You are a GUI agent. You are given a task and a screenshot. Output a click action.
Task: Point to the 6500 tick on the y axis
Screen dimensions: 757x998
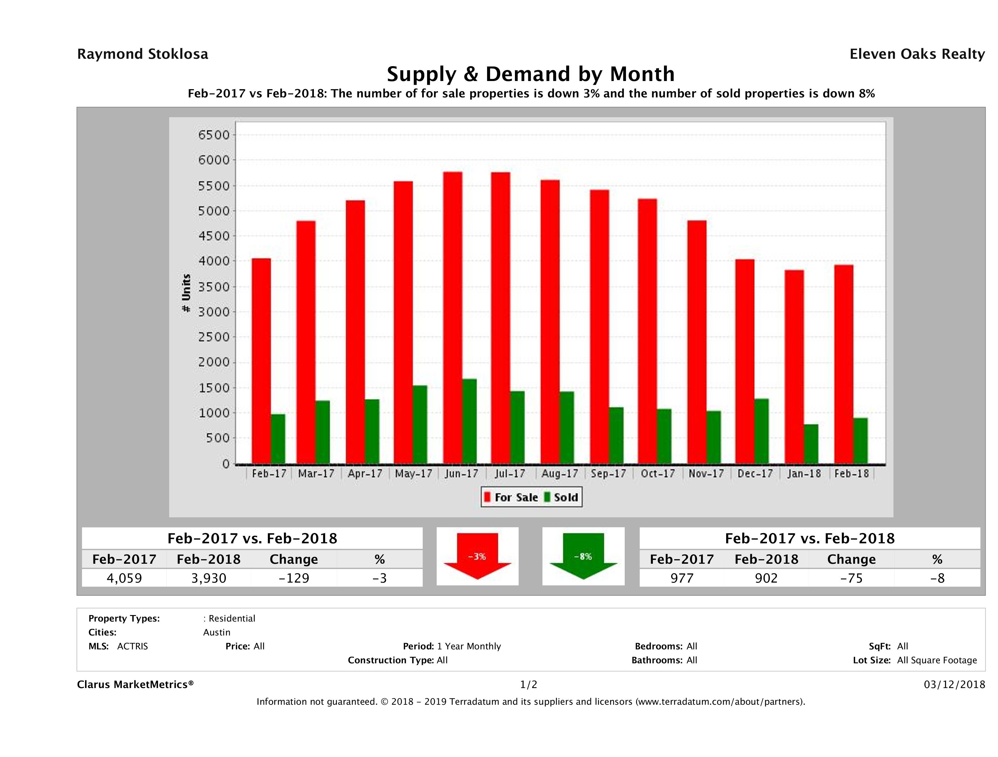click(214, 135)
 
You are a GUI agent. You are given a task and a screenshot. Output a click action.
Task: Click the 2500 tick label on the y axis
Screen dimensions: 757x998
click(214, 337)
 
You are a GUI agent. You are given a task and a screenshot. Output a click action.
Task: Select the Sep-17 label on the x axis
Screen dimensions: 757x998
click(608, 474)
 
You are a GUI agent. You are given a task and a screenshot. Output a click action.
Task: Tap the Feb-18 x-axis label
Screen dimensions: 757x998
click(851, 474)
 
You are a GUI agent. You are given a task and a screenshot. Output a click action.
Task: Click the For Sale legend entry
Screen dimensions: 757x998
click(511, 497)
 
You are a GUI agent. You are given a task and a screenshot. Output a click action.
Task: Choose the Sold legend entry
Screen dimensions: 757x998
click(561, 497)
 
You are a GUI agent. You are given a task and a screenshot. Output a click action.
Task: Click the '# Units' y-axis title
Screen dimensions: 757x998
click(186, 293)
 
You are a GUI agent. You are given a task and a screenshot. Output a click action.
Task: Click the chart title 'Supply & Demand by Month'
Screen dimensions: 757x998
click(531, 74)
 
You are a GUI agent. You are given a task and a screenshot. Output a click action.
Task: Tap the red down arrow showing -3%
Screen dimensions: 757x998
click(477, 556)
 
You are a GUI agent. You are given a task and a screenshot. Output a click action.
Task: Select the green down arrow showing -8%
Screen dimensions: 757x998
click(583, 556)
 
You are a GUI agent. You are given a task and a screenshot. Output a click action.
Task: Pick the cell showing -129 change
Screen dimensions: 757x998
click(294, 578)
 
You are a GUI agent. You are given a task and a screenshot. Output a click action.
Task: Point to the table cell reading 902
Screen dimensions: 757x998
click(766, 578)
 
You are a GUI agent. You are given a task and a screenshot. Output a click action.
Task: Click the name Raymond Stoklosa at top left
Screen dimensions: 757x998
click(143, 54)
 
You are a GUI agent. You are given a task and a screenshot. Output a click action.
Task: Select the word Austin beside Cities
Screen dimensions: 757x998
click(216, 632)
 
